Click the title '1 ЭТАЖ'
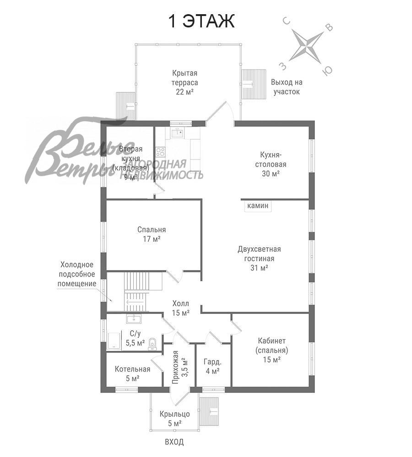[x=202, y=21]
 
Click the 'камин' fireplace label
[x=258, y=206]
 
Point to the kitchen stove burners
[x=160, y=152]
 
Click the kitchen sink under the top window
[x=177, y=133]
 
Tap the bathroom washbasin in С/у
[x=134, y=319]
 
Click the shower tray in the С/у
[x=114, y=340]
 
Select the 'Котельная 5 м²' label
[x=132, y=374]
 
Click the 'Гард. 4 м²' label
[x=212, y=367]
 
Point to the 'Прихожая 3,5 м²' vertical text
[x=180, y=367]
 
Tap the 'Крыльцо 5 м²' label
[x=174, y=418]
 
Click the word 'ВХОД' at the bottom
[x=174, y=442]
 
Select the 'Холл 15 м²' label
[x=180, y=308]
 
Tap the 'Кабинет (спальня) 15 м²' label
[x=271, y=350]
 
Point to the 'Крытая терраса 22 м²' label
[x=184, y=82]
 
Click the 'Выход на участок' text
[x=287, y=87]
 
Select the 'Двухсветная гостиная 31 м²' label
[x=259, y=258]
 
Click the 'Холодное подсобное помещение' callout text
[x=77, y=274]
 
